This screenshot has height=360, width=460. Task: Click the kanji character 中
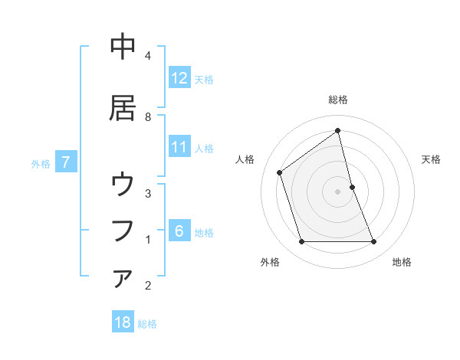click(x=123, y=47)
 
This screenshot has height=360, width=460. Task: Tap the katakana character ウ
click(x=123, y=185)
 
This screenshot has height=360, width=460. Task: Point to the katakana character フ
click(x=123, y=230)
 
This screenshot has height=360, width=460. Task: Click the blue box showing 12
click(x=179, y=78)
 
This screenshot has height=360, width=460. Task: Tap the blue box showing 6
click(x=179, y=231)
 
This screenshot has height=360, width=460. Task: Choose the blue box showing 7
click(x=66, y=162)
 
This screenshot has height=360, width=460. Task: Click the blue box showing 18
click(x=123, y=322)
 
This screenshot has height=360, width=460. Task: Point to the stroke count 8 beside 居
click(x=148, y=116)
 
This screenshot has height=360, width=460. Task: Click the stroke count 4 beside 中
click(x=148, y=55)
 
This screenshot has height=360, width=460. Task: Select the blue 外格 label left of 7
click(x=41, y=163)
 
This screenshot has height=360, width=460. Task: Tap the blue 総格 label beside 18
click(x=147, y=324)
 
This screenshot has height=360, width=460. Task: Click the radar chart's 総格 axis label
click(x=338, y=100)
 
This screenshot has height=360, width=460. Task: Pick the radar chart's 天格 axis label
click(x=432, y=159)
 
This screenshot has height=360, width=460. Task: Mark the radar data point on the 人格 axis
click(x=280, y=172)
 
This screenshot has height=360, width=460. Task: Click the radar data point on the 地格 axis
click(x=374, y=242)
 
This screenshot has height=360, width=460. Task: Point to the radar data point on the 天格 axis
click(x=352, y=187)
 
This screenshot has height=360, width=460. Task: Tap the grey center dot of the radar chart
click(x=338, y=191)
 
